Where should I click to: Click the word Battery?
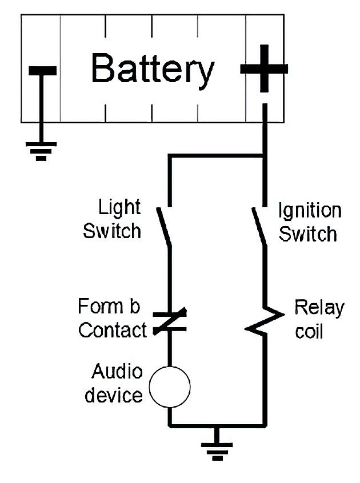pyautogui.click(x=152, y=70)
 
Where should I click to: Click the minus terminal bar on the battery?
pyautogui.click(x=42, y=71)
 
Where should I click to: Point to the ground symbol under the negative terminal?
pyautogui.click(x=41, y=150)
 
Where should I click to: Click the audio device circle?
pyautogui.click(x=169, y=387)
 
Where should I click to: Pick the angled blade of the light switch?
pyautogui.click(x=165, y=227)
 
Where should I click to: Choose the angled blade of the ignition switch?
pyautogui.click(x=259, y=227)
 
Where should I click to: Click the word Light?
pyautogui.click(x=119, y=207)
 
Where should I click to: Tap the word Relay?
pyautogui.click(x=319, y=308)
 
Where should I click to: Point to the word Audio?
pyautogui.click(x=117, y=372)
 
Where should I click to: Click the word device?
pyautogui.click(x=114, y=395)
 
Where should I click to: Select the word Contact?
pyautogui.click(x=113, y=330)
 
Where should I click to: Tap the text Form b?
pyautogui.click(x=109, y=307)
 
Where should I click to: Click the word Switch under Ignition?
pyautogui.click(x=308, y=234)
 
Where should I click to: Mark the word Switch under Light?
pyautogui.click(x=112, y=231)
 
